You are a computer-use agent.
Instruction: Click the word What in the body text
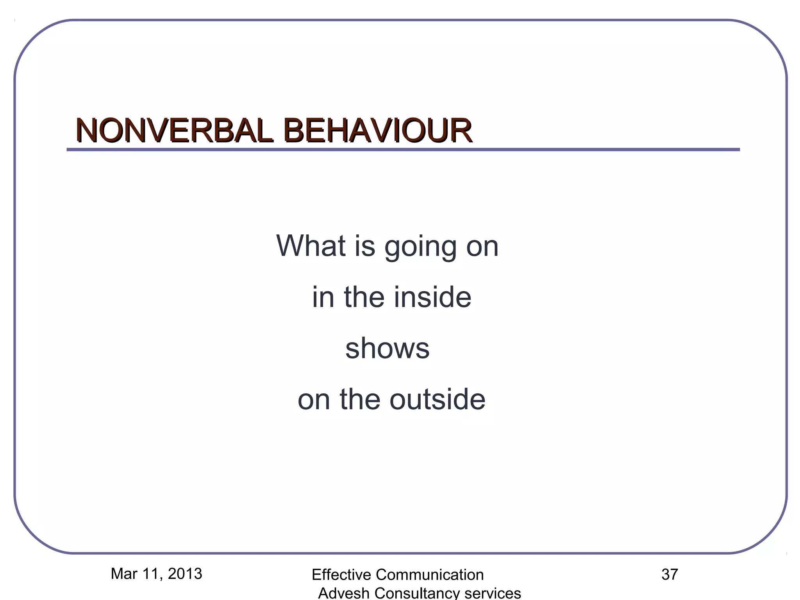[x=311, y=246]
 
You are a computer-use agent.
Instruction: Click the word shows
[x=387, y=348]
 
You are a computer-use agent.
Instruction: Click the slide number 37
[x=670, y=575]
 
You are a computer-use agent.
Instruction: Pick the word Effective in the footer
[x=341, y=575]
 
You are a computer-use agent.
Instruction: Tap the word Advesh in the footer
[x=344, y=593]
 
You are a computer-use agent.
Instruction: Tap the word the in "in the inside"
[x=366, y=297]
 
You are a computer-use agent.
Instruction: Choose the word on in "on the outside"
[x=314, y=400]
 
